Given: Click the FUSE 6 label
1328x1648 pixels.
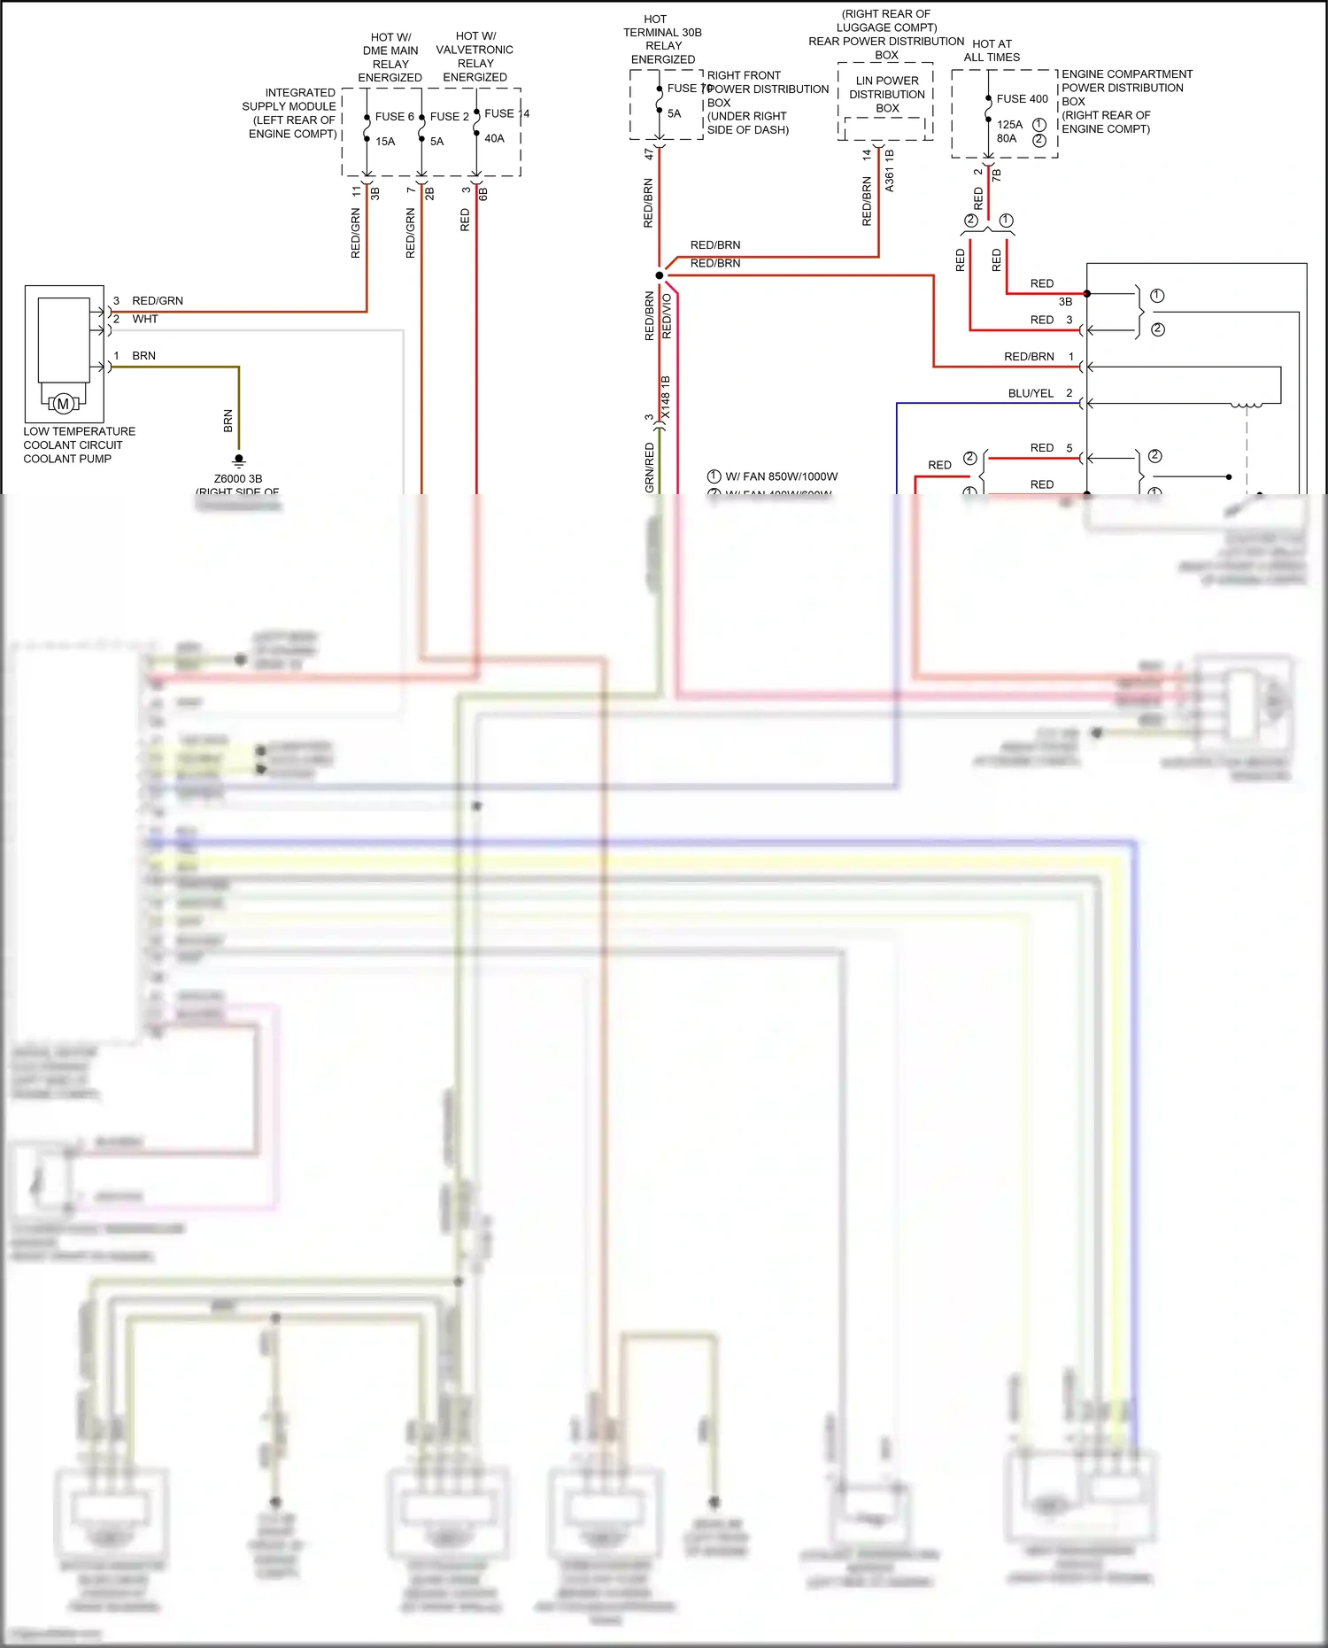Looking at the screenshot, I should pyautogui.click(x=394, y=117).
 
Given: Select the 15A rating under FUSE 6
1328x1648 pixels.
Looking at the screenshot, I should pyautogui.click(x=385, y=142).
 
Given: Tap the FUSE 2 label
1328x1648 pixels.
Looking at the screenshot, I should pyautogui.click(x=449, y=117).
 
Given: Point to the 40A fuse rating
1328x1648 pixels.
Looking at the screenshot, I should pyautogui.click(x=494, y=139).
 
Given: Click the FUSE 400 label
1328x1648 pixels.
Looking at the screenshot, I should pyautogui.click(x=1022, y=99).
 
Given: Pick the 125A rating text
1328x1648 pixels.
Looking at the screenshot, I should pyautogui.click(x=1009, y=125).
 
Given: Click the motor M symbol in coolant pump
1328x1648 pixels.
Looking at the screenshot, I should pyautogui.click(x=63, y=404).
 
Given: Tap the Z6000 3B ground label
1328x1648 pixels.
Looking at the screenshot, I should pyautogui.click(x=238, y=479).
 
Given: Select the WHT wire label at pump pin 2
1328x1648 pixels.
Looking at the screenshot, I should pyautogui.click(x=145, y=320).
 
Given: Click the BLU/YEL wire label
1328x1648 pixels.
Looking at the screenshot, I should pyautogui.click(x=1031, y=393).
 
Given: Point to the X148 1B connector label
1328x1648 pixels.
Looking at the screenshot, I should pyautogui.click(x=666, y=398).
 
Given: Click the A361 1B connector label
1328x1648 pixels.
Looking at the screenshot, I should pyautogui.click(x=889, y=171).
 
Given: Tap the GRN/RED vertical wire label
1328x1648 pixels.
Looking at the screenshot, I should pyautogui.click(x=649, y=468).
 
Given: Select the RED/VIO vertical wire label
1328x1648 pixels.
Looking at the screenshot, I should pyautogui.click(x=667, y=316).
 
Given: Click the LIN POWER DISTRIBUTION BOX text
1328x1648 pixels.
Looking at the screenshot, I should pyautogui.click(x=886, y=94).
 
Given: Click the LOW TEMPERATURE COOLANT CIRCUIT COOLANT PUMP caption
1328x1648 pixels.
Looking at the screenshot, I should pyautogui.click(x=79, y=445).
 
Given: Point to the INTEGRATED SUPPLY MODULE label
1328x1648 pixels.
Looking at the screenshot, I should pyautogui.click(x=291, y=112).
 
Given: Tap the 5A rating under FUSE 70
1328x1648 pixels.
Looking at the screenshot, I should pyautogui.click(x=674, y=114).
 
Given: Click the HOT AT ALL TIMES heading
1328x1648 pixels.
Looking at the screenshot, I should pyautogui.click(x=992, y=50).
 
